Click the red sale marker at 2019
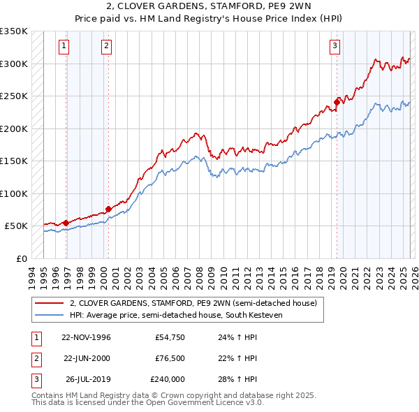[337, 102]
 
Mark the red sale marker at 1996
[66, 223]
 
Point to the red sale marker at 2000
[108, 209]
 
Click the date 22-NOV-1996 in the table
[86, 338]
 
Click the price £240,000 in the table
[167, 379]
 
